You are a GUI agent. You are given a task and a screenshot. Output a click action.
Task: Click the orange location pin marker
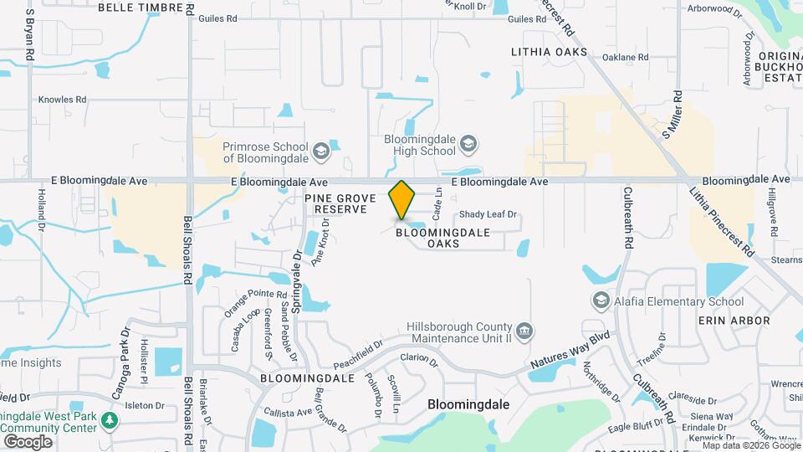(402, 199)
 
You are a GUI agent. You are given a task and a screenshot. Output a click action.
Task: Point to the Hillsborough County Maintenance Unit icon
(523, 331)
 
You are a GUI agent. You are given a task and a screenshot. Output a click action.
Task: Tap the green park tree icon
(109, 419)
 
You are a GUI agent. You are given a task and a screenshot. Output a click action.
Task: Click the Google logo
(28, 440)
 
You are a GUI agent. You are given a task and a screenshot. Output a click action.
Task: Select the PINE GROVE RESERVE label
(335, 203)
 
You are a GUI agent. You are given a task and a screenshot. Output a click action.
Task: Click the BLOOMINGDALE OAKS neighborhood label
(432, 238)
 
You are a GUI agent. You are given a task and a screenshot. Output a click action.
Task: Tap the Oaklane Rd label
(625, 58)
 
